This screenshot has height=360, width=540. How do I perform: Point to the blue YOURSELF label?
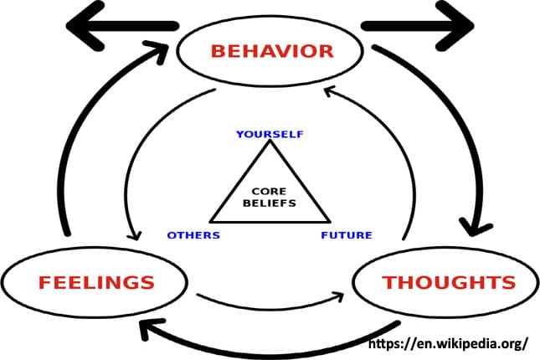pyautogui.click(x=269, y=135)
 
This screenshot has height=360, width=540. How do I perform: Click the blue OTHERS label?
pyautogui.click(x=193, y=235)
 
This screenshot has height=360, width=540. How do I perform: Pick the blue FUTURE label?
pyautogui.click(x=346, y=235)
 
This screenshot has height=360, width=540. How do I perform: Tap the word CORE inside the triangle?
pyautogui.click(x=269, y=190)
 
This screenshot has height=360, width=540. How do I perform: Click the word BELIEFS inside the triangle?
pyautogui.click(x=269, y=202)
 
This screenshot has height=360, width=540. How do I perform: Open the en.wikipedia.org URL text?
pyautogui.click(x=448, y=343)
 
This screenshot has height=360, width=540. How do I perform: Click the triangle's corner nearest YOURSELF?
pyautogui.click(x=269, y=144)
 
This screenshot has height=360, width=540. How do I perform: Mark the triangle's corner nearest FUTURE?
pyautogui.click(x=327, y=222)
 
